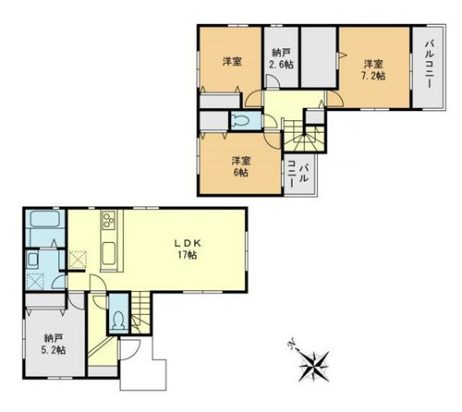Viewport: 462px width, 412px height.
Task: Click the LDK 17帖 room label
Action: point(188,248)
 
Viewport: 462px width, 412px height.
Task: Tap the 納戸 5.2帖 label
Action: point(55,344)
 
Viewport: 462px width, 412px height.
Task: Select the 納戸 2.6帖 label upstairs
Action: point(282,58)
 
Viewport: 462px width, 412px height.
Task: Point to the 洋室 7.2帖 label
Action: point(373,70)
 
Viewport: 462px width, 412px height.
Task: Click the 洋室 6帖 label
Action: point(241,166)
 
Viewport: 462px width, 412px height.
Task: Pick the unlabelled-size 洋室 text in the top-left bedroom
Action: point(232,62)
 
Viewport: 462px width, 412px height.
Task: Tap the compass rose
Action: point(314,366)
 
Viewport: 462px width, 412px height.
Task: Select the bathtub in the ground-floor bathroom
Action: point(45,218)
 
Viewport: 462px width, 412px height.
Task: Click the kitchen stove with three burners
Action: point(108,220)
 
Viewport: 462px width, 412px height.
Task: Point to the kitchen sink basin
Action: point(109,253)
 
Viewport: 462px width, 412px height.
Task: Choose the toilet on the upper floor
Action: point(241,120)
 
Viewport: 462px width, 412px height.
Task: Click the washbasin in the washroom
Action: point(32,261)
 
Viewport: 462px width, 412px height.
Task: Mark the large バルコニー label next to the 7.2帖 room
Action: point(429,65)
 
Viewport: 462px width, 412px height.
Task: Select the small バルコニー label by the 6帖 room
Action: point(298,174)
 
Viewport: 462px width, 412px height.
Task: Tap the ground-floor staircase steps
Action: point(140,312)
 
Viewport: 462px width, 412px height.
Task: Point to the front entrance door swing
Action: point(130,349)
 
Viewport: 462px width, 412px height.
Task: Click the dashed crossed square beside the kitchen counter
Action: point(78,260)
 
